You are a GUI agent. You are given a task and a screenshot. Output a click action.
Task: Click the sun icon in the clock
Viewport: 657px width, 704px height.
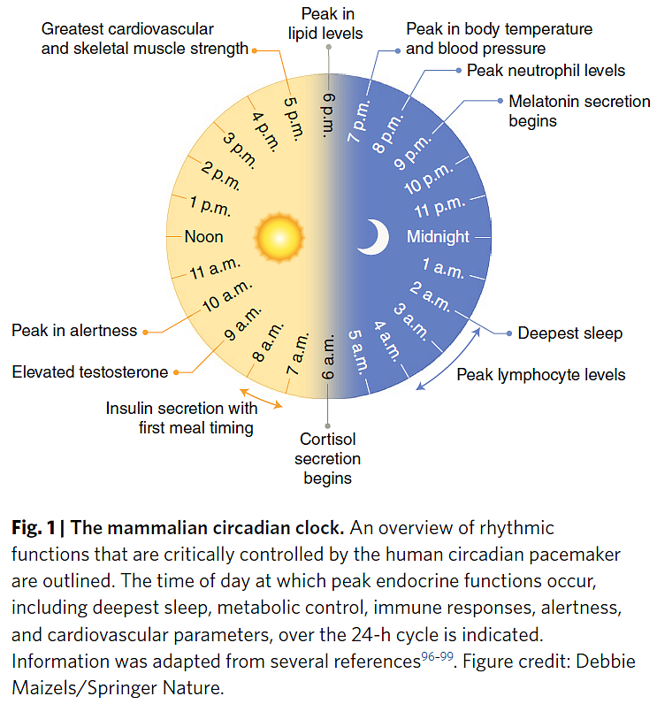point(279,237)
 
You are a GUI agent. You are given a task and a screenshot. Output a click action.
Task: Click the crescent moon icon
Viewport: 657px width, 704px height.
point(374,237)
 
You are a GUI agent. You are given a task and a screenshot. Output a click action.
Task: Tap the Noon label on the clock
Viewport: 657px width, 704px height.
point(203,237)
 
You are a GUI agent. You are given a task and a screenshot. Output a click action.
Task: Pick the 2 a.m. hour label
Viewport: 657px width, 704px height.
point(430,296)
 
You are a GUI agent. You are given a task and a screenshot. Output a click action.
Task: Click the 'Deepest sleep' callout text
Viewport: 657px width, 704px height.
point(569,333)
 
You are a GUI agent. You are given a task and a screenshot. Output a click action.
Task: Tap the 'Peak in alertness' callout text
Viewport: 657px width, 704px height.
point(74,331)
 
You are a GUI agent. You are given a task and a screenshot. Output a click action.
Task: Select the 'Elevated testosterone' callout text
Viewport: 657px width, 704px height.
point(89,372)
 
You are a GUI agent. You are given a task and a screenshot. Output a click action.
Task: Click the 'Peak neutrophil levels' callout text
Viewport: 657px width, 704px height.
point(546,70)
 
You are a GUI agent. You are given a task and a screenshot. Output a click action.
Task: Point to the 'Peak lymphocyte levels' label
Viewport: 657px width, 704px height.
point(540,375)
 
